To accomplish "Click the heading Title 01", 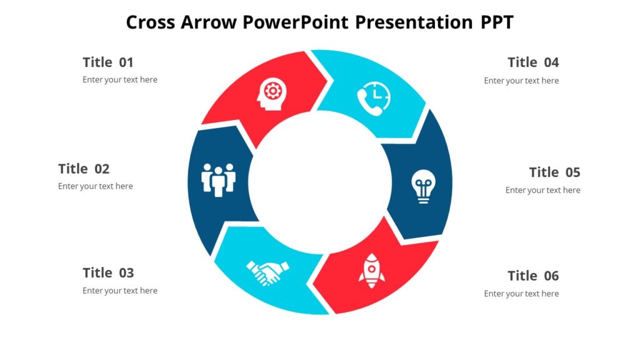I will pos(108,62).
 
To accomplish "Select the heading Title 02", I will pos(84,169).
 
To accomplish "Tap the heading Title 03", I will pos(108,273).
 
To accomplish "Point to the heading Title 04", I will pos(533,62).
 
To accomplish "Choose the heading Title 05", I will pos(554,172).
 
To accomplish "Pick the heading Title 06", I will pos(533,276).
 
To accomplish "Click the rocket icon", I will pos(371,270).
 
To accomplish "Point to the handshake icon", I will pos(267,272).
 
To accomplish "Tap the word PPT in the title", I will pos(497,22).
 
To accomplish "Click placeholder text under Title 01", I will pos(120,80).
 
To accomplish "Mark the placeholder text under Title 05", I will pos(542,190).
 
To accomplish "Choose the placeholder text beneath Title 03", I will pos(120,291).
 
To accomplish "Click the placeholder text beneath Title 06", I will pos(521,294).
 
